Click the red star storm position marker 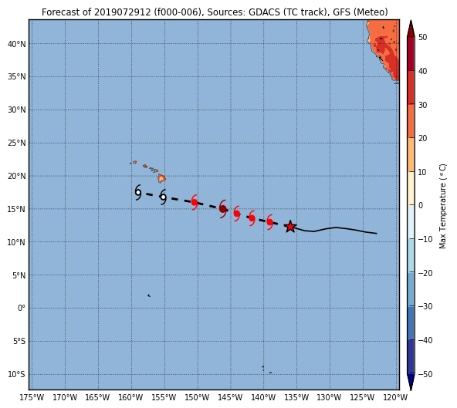click(x=290, y=227)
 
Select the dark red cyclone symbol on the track click(x=223, y=209)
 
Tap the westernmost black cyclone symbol click(x=138, y=192)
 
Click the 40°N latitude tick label click(x=17, y=44)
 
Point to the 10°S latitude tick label click(x=17, y=374)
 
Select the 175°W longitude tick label click(x=32, y=397)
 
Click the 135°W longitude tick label click(x=296, y=397)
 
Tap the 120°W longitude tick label click(x=396, y=397)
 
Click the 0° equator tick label click(x=22, y=308)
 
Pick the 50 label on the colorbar click(x=422, y=37)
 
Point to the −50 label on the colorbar click(x=425, y=374)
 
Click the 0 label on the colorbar click(x=420, y=205)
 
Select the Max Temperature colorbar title click(x=442, y=206)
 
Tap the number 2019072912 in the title click(x=123, y=12)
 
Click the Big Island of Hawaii click(x=162, y=178)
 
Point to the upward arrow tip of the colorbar click(x=411, y=21)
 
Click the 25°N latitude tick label click(x=17, y=143)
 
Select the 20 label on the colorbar click(x=422, y=138)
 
